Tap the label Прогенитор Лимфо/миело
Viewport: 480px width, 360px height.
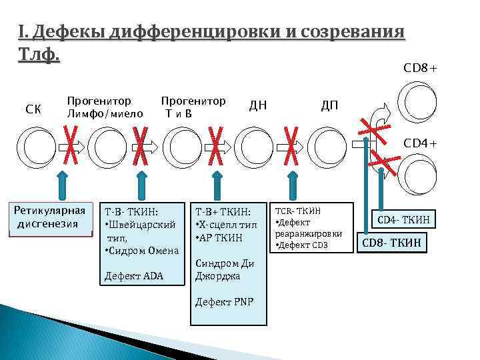105,107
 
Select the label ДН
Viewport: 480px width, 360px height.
258,105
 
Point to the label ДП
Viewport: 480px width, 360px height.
329,105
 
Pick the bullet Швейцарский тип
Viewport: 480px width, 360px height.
141,230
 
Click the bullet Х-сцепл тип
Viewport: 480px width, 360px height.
227,225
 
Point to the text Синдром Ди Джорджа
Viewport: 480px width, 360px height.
224,270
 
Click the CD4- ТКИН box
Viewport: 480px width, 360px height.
404,219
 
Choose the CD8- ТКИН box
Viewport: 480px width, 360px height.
391,243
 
